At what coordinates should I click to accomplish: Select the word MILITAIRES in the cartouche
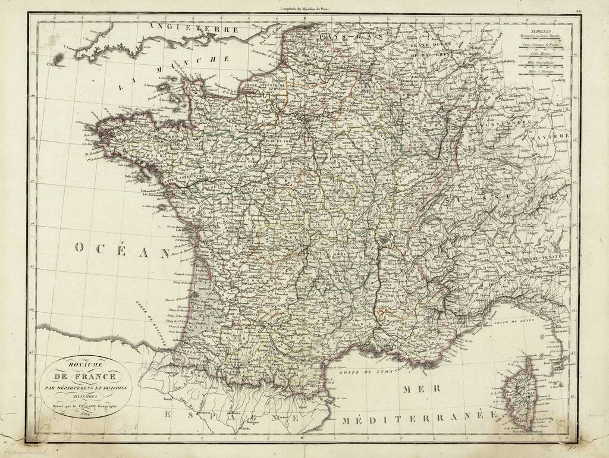coord(79,396)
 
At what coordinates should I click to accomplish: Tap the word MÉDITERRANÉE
coord(420,418)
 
